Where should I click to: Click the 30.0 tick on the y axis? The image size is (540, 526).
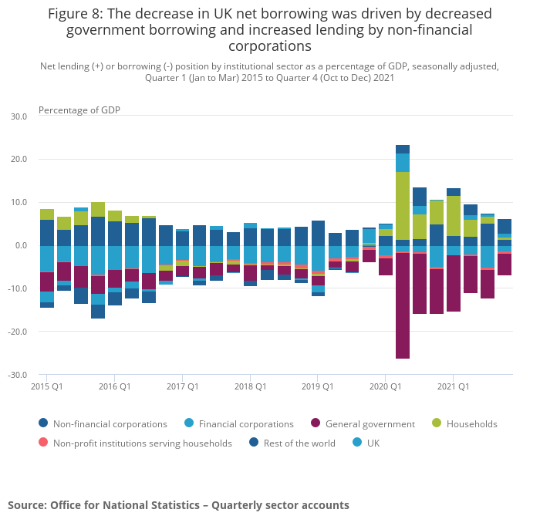[19, 116]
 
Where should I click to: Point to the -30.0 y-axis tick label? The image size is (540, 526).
[17, 375]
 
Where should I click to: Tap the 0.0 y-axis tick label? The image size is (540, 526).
[20, 245]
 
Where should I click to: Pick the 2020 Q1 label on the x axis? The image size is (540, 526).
[386, 386]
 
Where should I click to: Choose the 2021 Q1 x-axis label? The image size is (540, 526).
[454, 386]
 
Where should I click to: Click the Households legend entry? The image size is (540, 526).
[470, 424]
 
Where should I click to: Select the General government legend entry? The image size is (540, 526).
[370, 424]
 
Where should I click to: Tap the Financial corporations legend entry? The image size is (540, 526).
[245, 424]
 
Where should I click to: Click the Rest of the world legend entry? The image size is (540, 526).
[289, 443]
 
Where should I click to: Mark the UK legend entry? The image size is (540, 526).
[372, 443]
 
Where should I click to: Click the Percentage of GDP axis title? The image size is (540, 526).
[79, 110]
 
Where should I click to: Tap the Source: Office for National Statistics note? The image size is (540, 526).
[178, 505]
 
